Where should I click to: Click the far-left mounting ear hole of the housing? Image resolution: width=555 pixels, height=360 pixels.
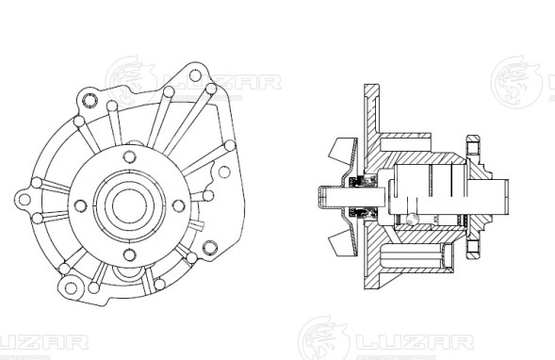[20, 197]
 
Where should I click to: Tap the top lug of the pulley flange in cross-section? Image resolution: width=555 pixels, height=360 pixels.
[471, 148]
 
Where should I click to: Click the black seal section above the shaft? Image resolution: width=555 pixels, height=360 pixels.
[357, 183]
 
